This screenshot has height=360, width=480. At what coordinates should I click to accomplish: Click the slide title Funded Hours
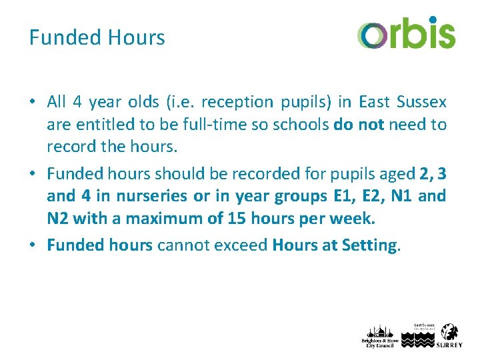click(x=97, y=37)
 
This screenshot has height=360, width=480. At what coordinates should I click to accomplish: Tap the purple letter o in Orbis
click(x=371, y=35)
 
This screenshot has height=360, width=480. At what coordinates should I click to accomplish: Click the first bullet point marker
click(x=33, y=103)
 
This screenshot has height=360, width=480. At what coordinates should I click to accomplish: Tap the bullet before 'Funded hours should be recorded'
click(x=33, y=175)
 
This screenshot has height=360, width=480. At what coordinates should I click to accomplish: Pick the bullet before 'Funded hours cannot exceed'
click(x=33, y=246)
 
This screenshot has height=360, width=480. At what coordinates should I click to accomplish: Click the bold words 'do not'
click(x=359, y=125)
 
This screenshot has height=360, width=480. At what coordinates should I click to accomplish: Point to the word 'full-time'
click(x=185, y=125)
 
